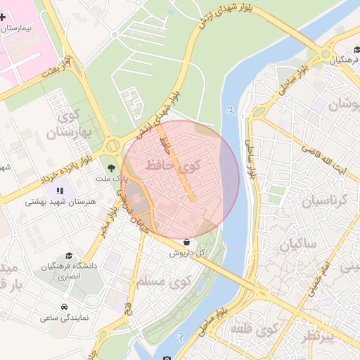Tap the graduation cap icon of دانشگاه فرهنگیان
[69, 256]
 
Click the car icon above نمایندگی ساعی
[64, 307]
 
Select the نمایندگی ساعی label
[64, 318]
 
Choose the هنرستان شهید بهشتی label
[54, 202]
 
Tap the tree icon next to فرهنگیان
[330, 60]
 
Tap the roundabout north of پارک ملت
[112, 146]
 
